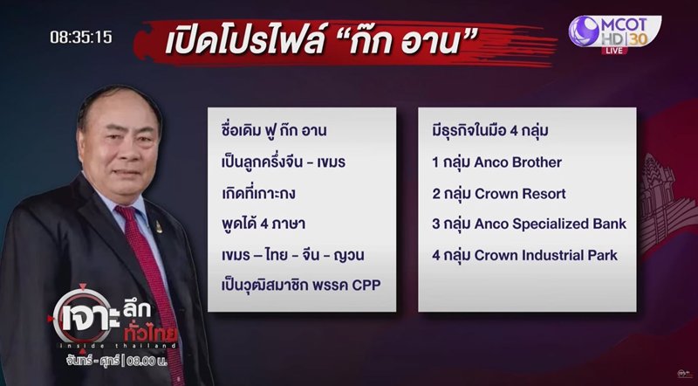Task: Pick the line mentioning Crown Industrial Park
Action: [x=545, y=255]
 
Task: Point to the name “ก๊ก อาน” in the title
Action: [x=429, y=42]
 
